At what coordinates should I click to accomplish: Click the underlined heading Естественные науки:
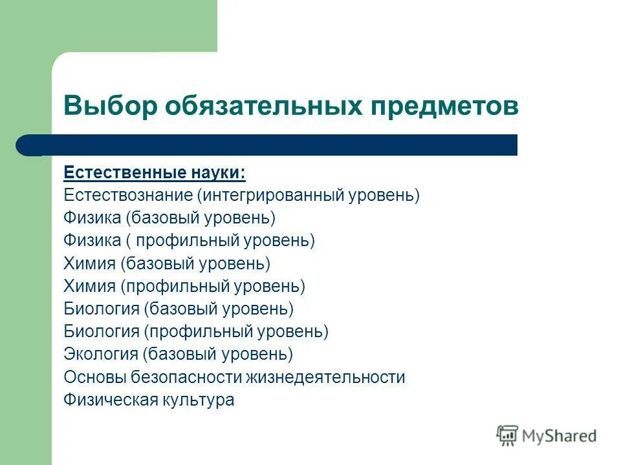click(155, 174)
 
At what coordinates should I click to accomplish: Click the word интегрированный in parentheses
click(277, 195)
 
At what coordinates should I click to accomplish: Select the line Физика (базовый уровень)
click(169, 218)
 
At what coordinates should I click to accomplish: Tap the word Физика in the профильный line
click(93, 241)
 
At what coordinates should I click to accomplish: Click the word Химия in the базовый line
click(89, 263)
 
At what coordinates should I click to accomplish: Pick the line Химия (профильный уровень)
click(184, 286)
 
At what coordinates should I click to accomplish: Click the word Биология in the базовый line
click(102, 309)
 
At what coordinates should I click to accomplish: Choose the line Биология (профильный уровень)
click(196, 332)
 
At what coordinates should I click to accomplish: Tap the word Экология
click(101, 354)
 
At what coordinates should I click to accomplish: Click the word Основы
click(94, 377)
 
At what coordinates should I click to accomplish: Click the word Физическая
click(110, 400)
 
